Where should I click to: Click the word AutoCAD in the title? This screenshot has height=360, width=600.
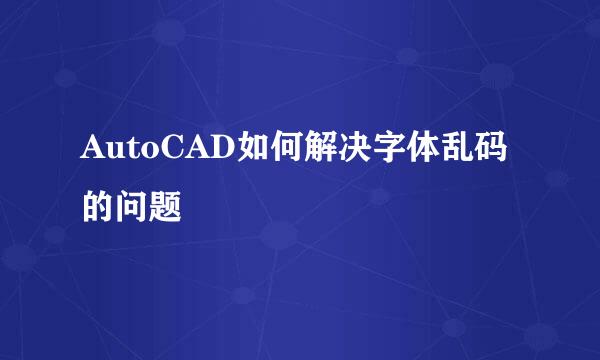(x=159, y=153)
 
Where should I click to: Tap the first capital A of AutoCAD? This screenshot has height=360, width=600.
(x=93, y=153)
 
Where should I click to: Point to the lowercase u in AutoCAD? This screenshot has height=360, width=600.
(x=113, y=155)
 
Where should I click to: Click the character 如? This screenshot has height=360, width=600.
(x=250, y=153)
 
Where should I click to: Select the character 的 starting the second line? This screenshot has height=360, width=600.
(x=98, y=205)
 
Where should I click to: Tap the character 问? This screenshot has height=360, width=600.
(x=132, y=205)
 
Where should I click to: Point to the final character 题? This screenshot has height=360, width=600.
(x=166, y=205)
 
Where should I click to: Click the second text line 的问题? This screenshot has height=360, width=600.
(x=132, y=205)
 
